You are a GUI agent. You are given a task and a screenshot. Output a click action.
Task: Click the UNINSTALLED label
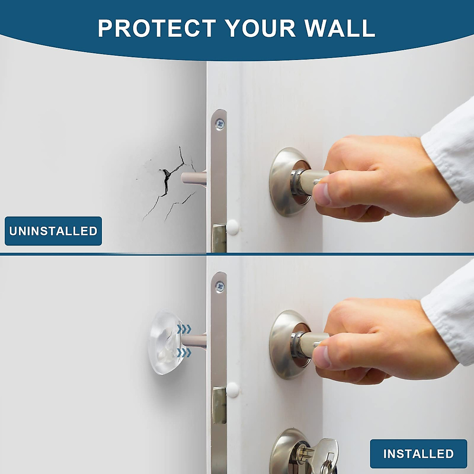pos(53,231)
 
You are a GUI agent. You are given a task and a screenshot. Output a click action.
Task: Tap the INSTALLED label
pos(418,453)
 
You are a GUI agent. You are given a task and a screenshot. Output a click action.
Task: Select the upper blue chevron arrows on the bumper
pos(184,329)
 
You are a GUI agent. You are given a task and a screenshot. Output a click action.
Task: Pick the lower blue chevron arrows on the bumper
pos(184,352)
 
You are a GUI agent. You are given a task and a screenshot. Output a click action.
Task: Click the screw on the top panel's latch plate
pos(220,124)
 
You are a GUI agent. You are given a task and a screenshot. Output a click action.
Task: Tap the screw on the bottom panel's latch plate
pos(220,286)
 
